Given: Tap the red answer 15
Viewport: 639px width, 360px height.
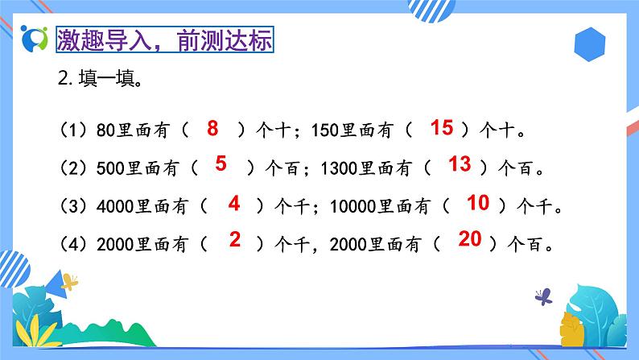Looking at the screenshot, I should tap(442, 127).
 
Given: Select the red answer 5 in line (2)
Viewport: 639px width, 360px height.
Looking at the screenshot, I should tap(221, 164).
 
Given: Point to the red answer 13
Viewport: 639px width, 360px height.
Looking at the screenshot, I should tap(459, 164).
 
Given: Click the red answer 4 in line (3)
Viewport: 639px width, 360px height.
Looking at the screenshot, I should tap(234, 204).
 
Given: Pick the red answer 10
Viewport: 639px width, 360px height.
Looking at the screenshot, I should tap(478, 203).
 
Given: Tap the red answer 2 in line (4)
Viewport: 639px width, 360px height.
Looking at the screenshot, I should tap(234, 239).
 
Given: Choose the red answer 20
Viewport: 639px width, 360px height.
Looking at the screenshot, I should tap(470, 239).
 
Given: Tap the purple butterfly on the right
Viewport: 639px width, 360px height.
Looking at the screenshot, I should tap(544, 296).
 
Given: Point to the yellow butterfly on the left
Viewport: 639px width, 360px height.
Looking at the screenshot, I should tap(71, 282).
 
